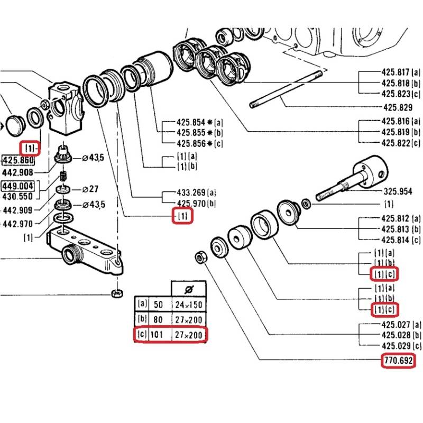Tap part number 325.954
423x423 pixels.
tap(398, 191)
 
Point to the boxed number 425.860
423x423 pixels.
tap(18, 161)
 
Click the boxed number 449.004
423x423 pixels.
tap(18, 186)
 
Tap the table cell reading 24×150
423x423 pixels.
tap(188, 305)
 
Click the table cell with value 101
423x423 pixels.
tap(158, 335)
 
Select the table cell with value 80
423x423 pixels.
tap(158, 320)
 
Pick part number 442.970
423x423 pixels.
tap(18, 224)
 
